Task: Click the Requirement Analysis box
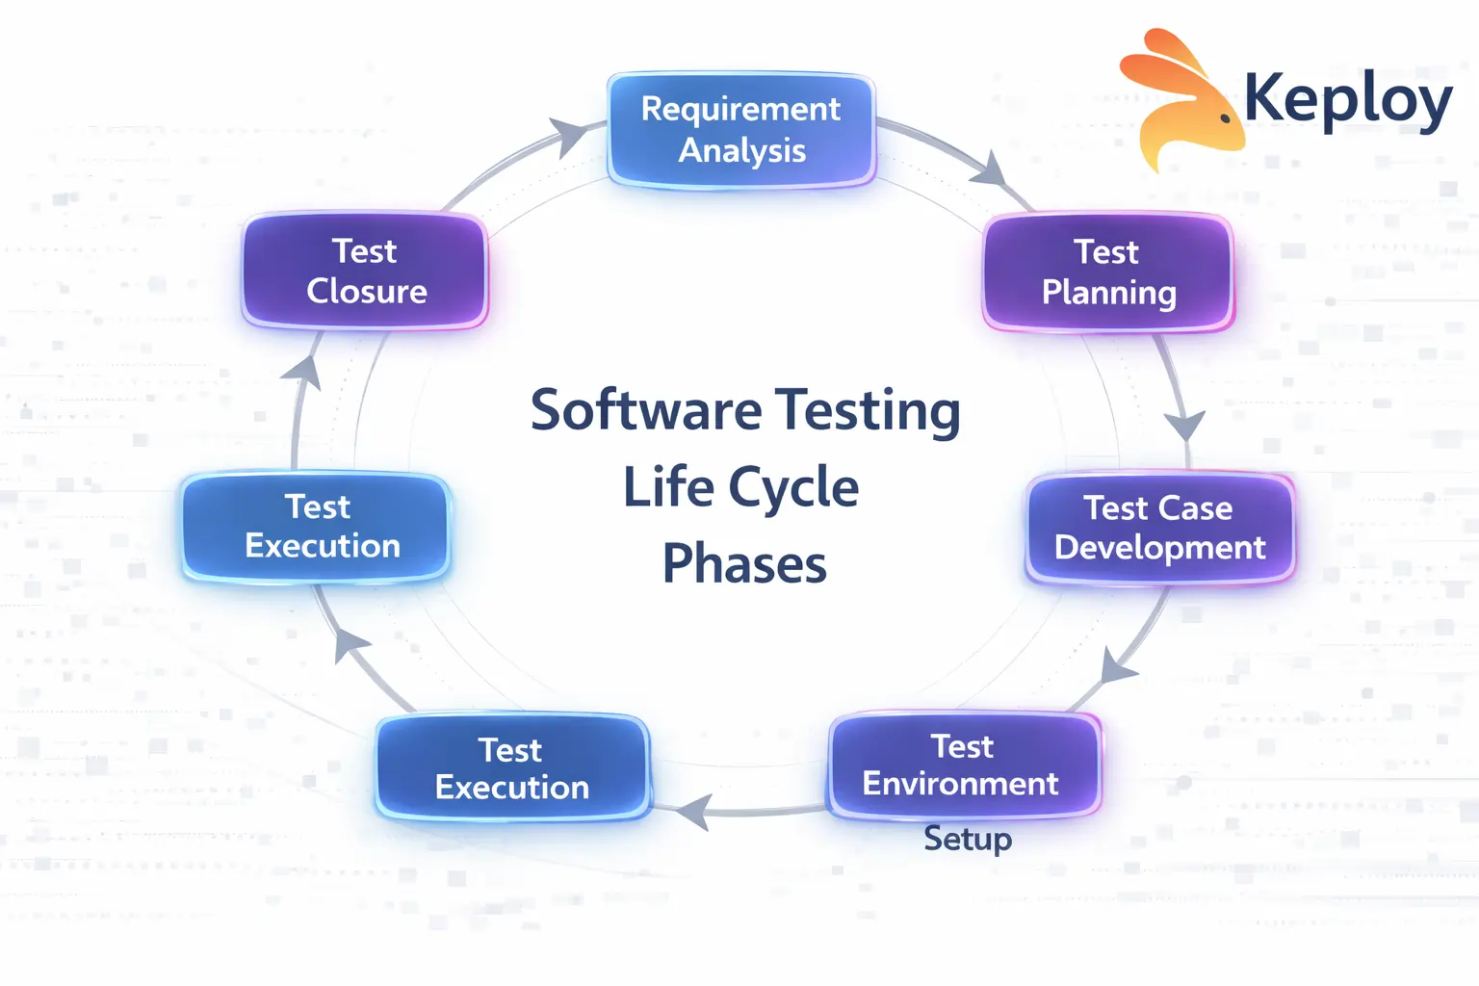(740, 130)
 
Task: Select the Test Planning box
(1107, 272)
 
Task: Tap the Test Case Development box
(1159, 528)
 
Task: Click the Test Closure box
(365, 272)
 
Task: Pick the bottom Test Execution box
(511, 768)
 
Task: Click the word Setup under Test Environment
(968, 839)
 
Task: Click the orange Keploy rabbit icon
(1180, 101)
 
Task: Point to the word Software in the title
(646, 411)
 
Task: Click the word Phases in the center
(744, 564)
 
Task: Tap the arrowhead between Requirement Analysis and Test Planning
(989, 169)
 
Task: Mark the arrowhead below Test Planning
(1184, 424)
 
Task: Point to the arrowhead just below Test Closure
(304, 372)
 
